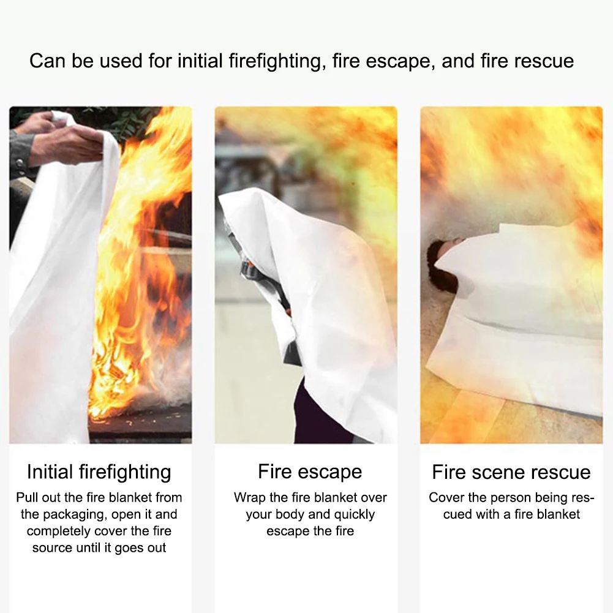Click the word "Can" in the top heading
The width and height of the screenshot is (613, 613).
(47, 61)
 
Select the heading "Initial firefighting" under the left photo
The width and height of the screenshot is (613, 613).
(99, 472)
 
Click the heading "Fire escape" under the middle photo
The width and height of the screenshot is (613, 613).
(310, 472)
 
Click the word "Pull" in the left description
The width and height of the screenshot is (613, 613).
(28, 497)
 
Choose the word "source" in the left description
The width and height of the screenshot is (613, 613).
(53, 547)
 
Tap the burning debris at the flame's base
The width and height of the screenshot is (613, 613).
(122, 392)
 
